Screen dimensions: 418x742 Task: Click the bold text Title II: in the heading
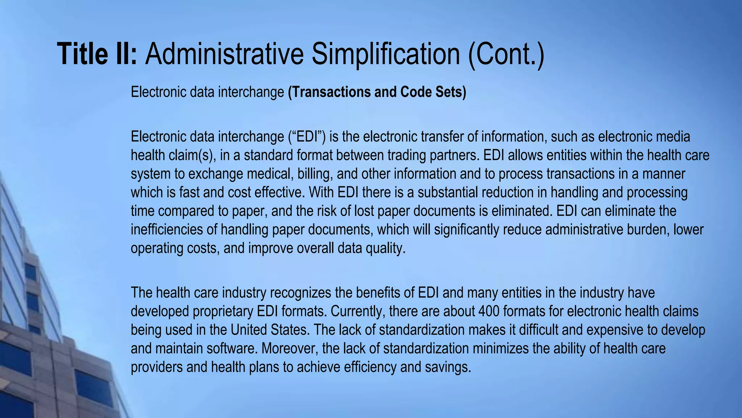click(97, 54)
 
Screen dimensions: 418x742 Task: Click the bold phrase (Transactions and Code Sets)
click(377, 92)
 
